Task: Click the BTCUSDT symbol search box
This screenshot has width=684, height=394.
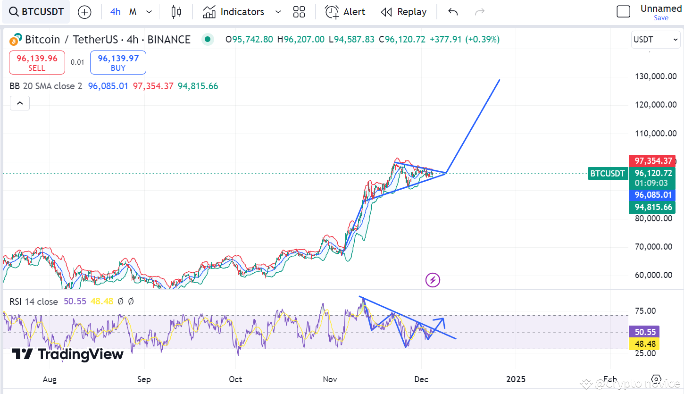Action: [x=36, y=12]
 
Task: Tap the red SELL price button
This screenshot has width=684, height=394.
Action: [x=37, y=63]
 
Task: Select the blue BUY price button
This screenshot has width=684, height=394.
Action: [x=118, y=63]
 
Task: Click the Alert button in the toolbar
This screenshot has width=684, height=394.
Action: [x=345, y=12]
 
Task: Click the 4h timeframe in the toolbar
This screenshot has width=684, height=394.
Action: [x=115, y=12]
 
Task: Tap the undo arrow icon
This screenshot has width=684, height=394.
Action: [x=453, y=12]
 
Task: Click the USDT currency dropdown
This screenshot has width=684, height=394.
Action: [x=656, y=40]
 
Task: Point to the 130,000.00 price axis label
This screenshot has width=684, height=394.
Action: [x=656, y=76]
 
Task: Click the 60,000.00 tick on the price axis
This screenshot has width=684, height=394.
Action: [x=656, y=275]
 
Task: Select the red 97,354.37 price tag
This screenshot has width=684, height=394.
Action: [x=652, y=161]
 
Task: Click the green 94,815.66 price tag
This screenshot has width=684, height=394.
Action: [x=652, y=207]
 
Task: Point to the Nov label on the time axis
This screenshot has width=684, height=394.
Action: [x=330, y=379]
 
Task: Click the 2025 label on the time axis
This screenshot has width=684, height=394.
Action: [x=516, y=379]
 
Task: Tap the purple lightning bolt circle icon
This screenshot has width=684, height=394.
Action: [x=433, y=280]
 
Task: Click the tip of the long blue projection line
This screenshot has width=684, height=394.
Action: [x=500, y=80]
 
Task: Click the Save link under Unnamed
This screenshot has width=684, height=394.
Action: [x=661, y=18]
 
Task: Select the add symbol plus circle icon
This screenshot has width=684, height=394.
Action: [x=84, y=12]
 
